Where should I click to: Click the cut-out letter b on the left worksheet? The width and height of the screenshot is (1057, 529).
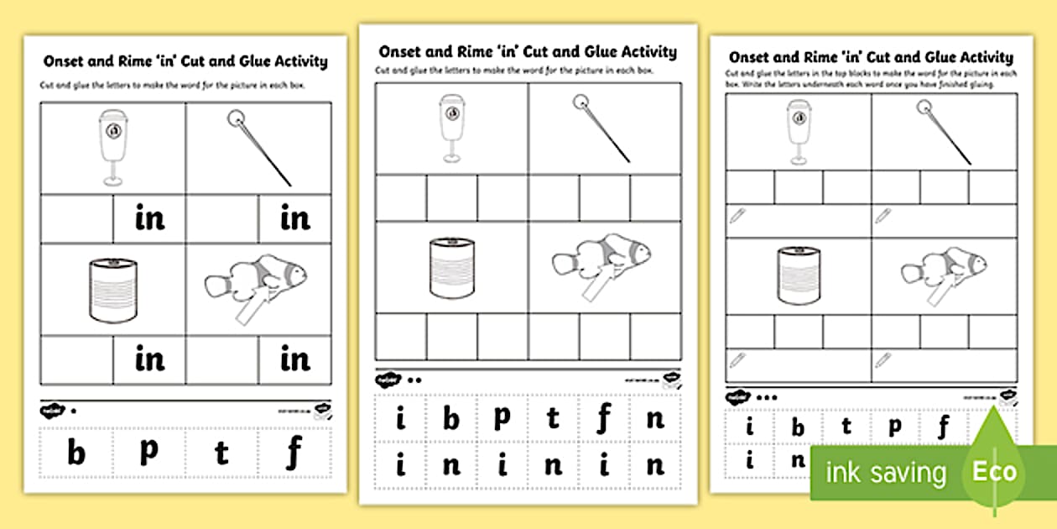(76, 453)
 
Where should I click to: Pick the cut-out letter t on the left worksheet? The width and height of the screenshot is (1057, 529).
(221, 453)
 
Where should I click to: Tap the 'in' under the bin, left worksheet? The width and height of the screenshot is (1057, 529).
(150, 218)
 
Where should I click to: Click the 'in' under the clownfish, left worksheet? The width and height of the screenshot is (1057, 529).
(295, 359)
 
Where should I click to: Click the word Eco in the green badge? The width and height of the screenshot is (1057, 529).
(994, 471)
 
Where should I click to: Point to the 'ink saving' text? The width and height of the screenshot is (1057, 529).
(886, 473)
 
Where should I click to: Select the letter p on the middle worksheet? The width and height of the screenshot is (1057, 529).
(502, 416)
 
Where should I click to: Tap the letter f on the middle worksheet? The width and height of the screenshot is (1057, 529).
(604, 417)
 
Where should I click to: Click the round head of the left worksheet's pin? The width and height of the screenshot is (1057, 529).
(235, 119)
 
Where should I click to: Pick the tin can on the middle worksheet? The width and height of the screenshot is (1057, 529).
(451, 267)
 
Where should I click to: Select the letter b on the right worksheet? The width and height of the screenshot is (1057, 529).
(798, 428)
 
